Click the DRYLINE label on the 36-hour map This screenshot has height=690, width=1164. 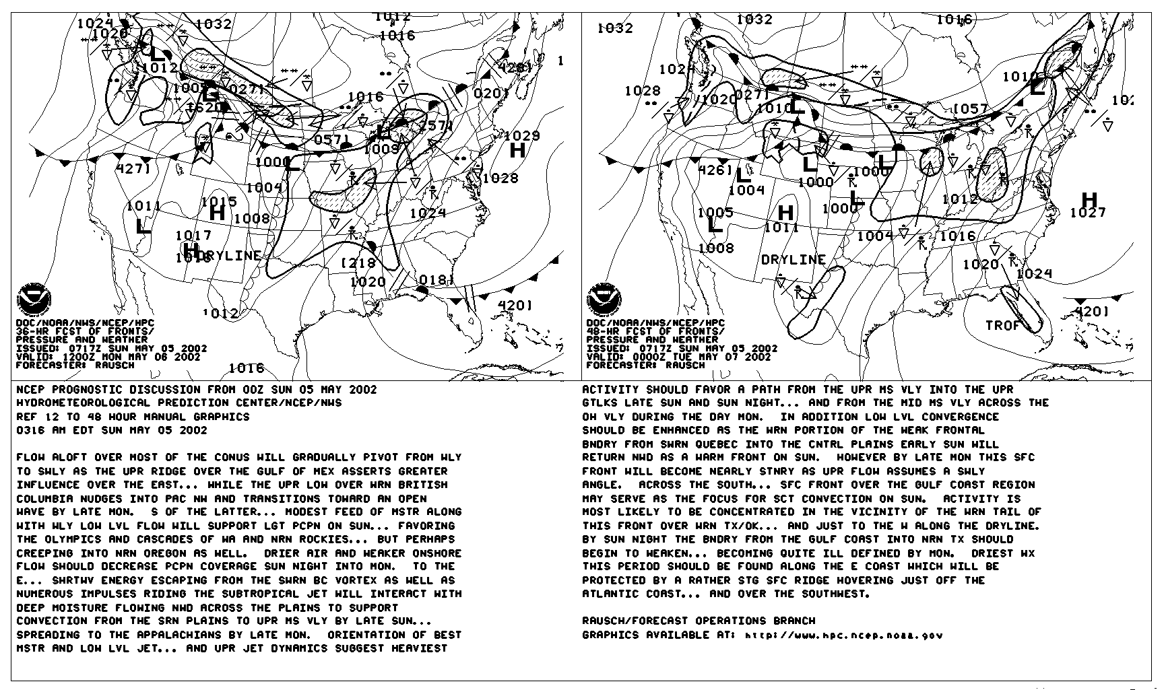point(229,256)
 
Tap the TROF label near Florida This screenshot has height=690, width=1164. point(1003,325)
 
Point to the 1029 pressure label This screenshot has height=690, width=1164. point(522,136)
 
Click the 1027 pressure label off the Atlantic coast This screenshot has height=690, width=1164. point(1088,213)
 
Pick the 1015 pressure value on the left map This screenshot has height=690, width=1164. point(219,201)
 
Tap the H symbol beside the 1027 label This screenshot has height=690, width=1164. point(1089,199)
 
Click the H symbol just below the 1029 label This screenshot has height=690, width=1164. point(517,150)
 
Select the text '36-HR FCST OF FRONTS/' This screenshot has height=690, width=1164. point(85,331)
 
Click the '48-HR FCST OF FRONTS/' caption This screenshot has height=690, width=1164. point(655,331)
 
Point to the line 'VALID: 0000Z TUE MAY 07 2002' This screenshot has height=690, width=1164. point(678,357)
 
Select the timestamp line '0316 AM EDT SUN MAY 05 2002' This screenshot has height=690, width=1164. point(112,430)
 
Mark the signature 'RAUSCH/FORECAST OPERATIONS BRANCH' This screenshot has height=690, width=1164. point(699,621)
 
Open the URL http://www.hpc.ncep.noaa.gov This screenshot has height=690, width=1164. point(843,635)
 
